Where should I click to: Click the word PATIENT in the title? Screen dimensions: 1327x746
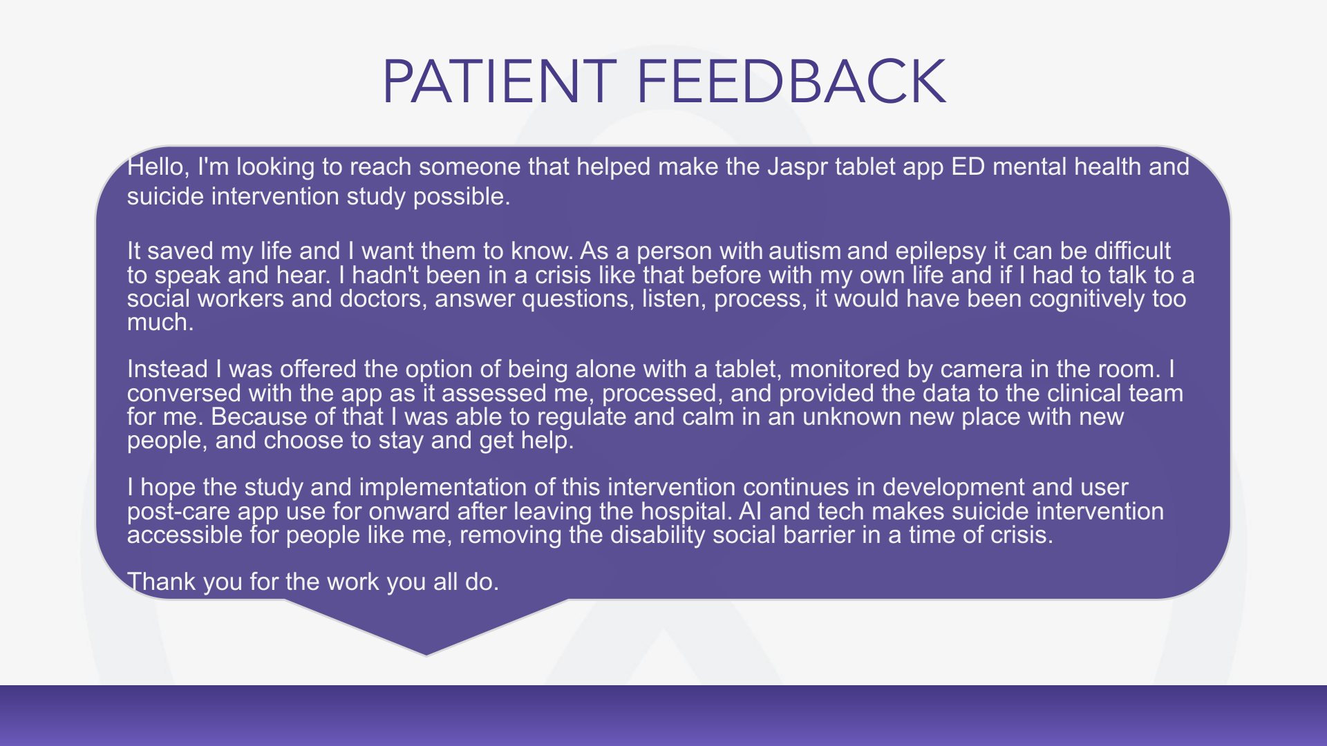(x=499, y=82)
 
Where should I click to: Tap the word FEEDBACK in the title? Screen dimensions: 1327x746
(x=791, y=82)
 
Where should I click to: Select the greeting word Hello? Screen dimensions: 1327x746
(x=158, y=167)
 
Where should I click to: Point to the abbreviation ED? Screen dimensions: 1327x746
(x=968, y=166)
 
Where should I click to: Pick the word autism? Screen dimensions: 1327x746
(x=805, y=250)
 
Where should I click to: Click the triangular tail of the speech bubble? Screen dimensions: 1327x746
(x=426, y=625)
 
